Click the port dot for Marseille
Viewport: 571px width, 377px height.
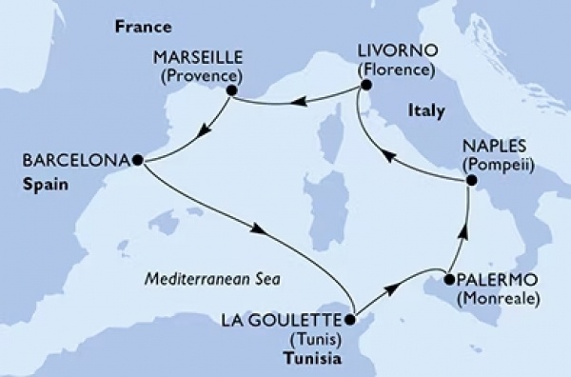pyautogui.click(x=230, y=91)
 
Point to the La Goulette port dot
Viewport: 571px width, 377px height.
pyautogui.click(x=351, y=321)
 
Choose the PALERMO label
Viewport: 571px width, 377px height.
pyautogui.click(x=495, y=280)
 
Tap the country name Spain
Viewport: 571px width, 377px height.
pyautogui.click(x=47, y=186)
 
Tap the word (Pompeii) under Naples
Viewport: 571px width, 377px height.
pyautogui.click(x=498, y=165)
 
